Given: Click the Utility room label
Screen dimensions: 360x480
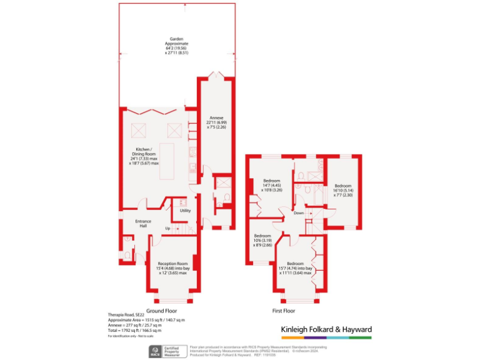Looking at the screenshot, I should click(x=185, y=211).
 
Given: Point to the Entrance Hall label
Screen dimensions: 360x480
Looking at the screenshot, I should click(x=143, y=223).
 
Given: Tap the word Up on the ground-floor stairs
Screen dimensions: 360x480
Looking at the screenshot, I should click(x=167, y=228).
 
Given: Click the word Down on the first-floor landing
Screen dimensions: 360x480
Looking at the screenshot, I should click(x=299, y=212).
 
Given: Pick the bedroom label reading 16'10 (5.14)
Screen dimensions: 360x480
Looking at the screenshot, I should click(x=343, y=191).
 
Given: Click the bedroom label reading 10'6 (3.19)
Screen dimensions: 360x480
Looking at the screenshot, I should click(x=262, y=241).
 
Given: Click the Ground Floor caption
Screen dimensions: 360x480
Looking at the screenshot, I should click(x=161, y=311).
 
